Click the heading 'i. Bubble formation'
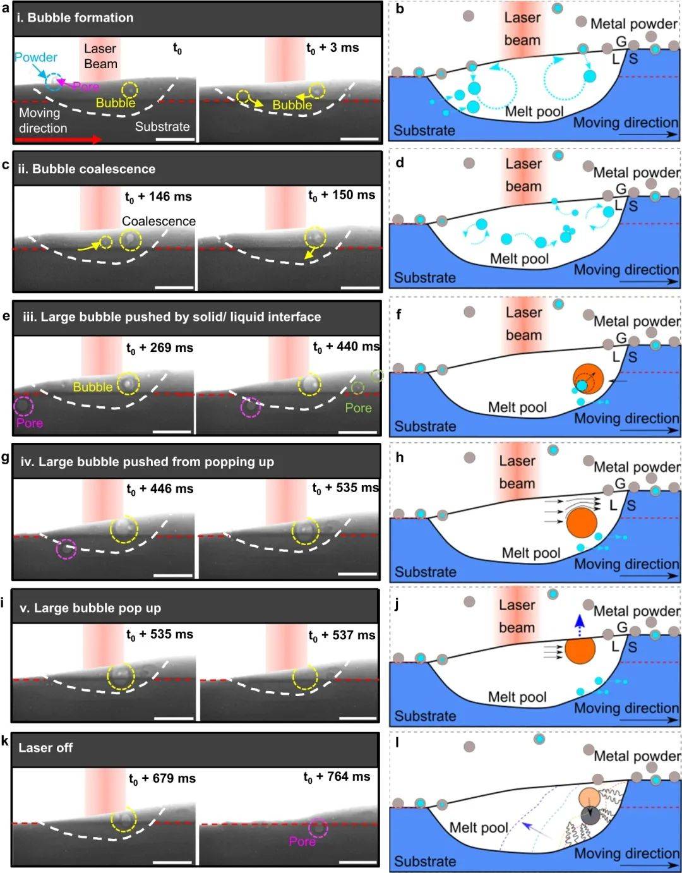tap(75, 18)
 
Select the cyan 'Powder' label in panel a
tap(35, 57)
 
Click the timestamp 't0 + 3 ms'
tap(332, 48)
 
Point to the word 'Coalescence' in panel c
tap(159, 221)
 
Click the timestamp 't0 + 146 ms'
tap(158, 197)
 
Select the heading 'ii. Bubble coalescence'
tap(87, 169)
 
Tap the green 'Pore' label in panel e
tap(358, 408)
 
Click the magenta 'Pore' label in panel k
tap(302, 841)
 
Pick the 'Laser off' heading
tap(45, 748)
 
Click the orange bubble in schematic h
tap(582, 523)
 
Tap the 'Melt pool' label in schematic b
tap(534, 112)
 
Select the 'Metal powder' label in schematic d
tap(636, 172)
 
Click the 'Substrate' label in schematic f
tap(425, 426)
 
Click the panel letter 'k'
tap(5, 741)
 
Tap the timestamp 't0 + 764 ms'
tap(337, 777)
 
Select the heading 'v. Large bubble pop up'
tap(90, 608)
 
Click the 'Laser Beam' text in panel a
tap(100, 56)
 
